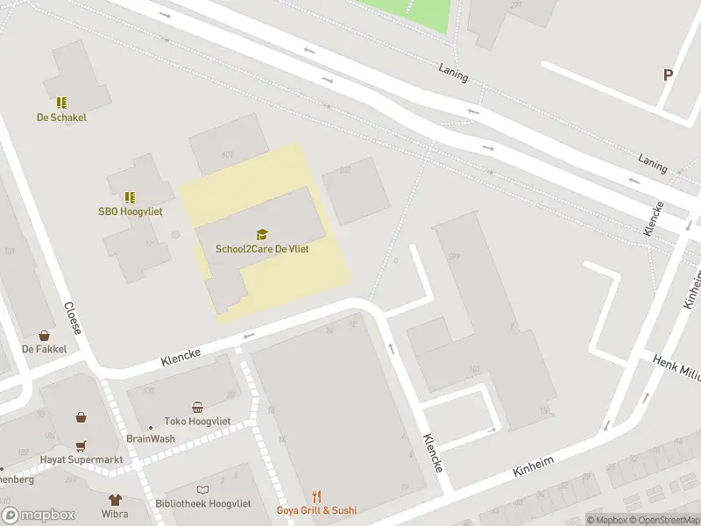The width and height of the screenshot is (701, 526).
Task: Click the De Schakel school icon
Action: tap(61, 103)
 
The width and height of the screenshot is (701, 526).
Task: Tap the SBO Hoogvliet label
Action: tap(130, 211)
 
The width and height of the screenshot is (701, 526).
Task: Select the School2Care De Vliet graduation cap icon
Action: tap(261, 234)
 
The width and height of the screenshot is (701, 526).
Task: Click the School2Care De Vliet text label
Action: tap(262, 249)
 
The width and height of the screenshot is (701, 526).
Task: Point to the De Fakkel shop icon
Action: tap(44, 335)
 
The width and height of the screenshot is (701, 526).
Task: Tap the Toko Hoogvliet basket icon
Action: tap(198, 406)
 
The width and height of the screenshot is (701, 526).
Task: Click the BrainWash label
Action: tap(151, 439)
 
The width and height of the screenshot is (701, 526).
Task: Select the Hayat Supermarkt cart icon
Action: tap(80, 445)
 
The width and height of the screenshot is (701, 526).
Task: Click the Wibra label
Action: tap(115, 514)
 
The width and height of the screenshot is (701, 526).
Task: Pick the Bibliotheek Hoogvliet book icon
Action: tap(203, 490)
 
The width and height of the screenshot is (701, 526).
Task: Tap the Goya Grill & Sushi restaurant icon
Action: tap(317, 496)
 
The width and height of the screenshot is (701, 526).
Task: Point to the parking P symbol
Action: tap(668, 75)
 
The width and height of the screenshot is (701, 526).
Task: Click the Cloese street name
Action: tap(74, 319)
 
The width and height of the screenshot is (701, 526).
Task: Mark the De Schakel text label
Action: tap(61, 117)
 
